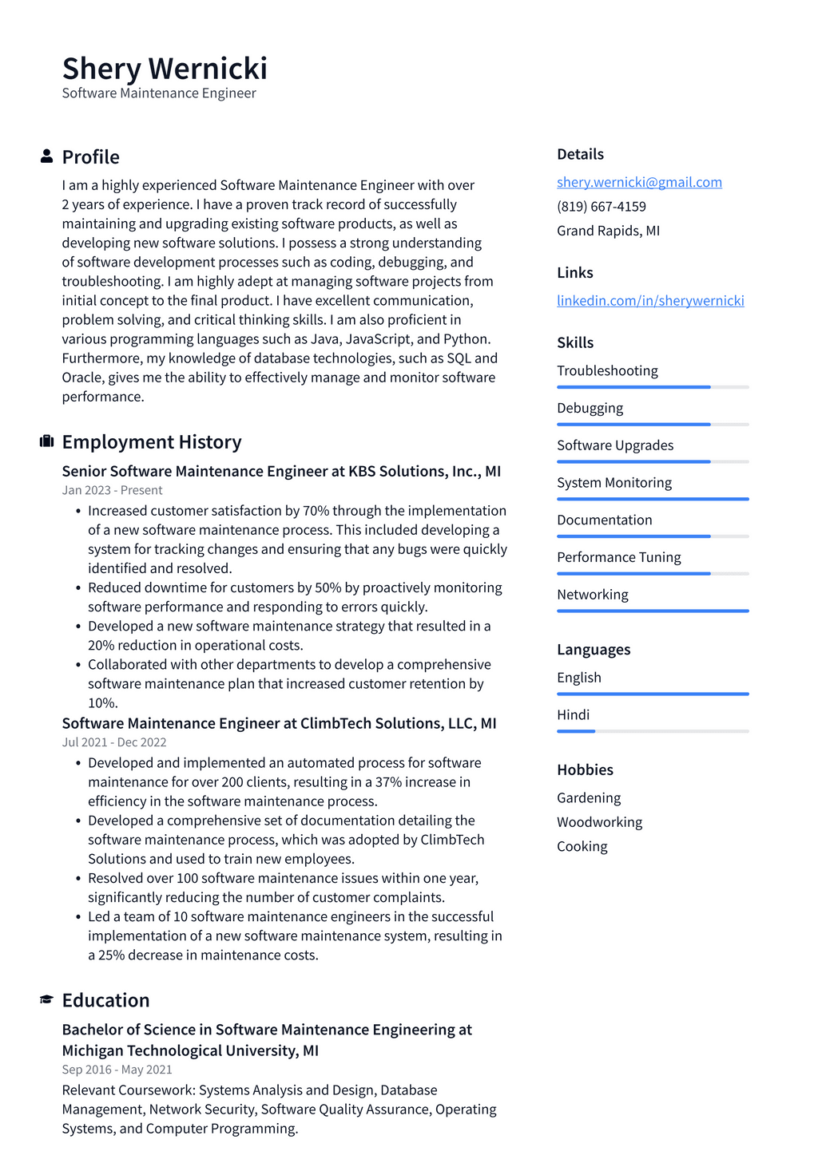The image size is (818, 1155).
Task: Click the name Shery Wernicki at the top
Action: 165,69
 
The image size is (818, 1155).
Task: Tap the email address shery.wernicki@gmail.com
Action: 639,182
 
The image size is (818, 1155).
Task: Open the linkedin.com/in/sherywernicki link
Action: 650,301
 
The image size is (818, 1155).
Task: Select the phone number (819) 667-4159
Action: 602,207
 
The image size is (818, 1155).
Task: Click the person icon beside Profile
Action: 47,156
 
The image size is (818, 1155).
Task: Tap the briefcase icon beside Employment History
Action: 47,441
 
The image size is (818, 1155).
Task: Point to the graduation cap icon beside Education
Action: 47,1000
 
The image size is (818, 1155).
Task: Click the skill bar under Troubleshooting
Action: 653,387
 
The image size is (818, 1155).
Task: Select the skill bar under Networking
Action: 653,611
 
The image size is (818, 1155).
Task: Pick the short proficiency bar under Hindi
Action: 576,731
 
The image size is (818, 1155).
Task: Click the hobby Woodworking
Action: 599,822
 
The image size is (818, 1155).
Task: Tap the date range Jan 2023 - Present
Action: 112,490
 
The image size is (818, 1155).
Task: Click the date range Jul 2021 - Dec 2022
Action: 113,742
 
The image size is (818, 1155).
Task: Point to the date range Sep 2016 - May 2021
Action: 117,1070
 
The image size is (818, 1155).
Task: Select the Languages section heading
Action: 594,650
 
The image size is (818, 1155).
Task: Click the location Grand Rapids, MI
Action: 608,231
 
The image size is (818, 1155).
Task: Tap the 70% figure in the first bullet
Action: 316,511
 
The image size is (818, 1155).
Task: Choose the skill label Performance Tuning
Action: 618,557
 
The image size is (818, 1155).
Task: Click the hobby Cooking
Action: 582,846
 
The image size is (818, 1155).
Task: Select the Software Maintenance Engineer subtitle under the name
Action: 159,93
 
